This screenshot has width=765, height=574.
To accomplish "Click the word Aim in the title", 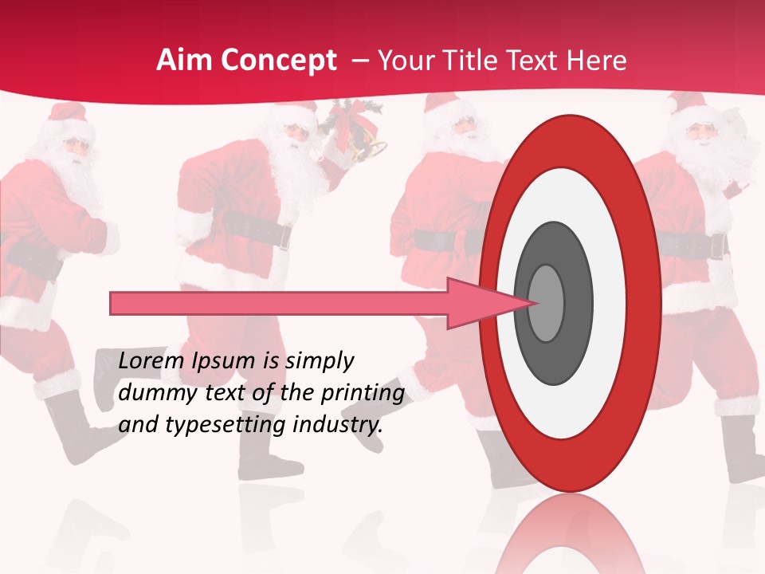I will [184, 61].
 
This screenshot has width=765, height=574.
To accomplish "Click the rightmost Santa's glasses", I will [701, 130].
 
